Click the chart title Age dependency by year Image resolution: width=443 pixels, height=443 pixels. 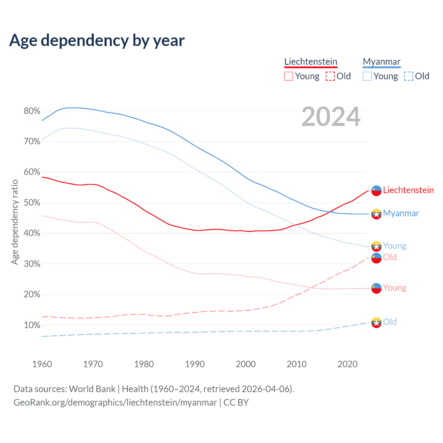tap(97, 40)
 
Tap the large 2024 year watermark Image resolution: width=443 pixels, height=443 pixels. tap(331, 117)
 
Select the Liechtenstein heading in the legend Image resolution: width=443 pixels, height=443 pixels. tap(310, 62)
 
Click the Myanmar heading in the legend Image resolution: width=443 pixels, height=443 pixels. tap(381, 62)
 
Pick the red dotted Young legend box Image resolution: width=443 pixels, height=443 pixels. tap(288, 76)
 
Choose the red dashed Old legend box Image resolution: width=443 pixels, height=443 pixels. tap(330, 76)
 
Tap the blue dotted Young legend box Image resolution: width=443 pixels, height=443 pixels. tap(367, 76)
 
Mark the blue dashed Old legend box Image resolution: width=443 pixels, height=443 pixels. tap(408, 76)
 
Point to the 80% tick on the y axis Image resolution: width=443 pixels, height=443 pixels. tap(32, 111)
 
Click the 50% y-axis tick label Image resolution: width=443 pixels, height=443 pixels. tap(32, 202)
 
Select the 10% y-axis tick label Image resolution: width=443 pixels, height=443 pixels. tap(32, 325)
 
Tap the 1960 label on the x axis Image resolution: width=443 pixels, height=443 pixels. tap(42, 364)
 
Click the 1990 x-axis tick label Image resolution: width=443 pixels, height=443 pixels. tap(195, 364)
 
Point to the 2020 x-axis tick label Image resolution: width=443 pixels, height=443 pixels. tap(347, 364)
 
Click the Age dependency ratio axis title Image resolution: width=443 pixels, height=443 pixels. tap(15, 222)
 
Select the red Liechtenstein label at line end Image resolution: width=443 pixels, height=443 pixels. tap(408, 190)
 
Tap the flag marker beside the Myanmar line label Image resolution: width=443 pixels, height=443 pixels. tap(376, 214)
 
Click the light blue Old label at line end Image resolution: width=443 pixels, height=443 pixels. tap(390, 322)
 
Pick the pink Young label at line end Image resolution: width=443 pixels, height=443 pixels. tap(395, 288)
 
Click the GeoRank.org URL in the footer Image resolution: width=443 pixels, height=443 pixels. tap(115, 403)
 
